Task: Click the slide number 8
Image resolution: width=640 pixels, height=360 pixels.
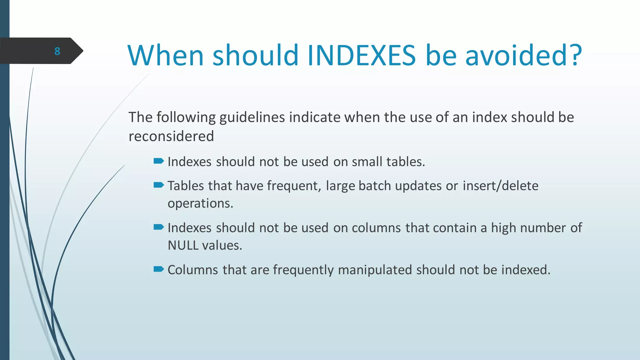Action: click(x=57, y=51)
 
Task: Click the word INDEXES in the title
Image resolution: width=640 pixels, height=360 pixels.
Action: click(x=362, y=55)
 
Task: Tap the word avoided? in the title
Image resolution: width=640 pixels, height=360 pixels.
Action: click(x=523, y=55)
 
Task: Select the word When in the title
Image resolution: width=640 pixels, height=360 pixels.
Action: click(x=166, y=55)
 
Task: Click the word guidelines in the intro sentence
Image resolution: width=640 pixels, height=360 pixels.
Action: click(x=252, y=117)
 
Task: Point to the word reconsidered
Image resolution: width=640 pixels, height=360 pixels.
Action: click(x=171, y=136)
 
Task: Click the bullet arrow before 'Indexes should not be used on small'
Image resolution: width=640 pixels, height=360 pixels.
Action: click(x=159, y=161)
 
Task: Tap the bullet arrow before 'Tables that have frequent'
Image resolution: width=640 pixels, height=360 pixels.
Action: click(x=159, y=185)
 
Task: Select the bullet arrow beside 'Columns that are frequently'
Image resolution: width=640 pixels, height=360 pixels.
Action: click(x=159, y=269)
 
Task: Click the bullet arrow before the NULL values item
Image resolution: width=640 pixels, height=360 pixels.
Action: click(x=159, y=227)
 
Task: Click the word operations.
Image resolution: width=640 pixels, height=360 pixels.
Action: click(x=200, y=204)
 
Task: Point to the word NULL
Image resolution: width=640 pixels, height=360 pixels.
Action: click(x=183, y=246)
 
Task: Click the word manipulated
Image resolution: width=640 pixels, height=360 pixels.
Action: click(x=375, y=270)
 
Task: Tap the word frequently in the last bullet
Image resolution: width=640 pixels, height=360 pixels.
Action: click(x=303, y=270)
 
